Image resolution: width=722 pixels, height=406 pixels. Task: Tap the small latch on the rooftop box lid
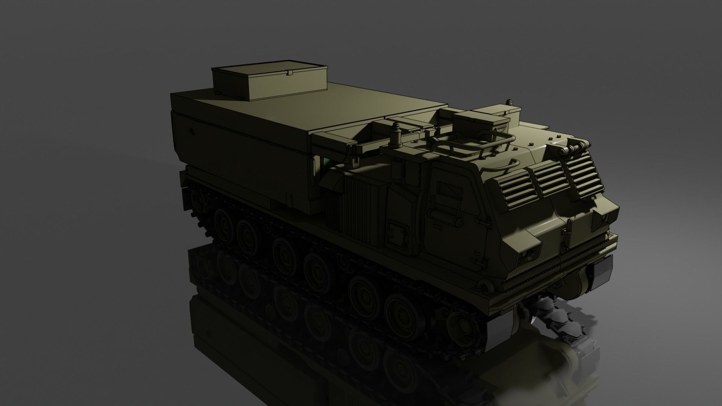click(x=289, y=72)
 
